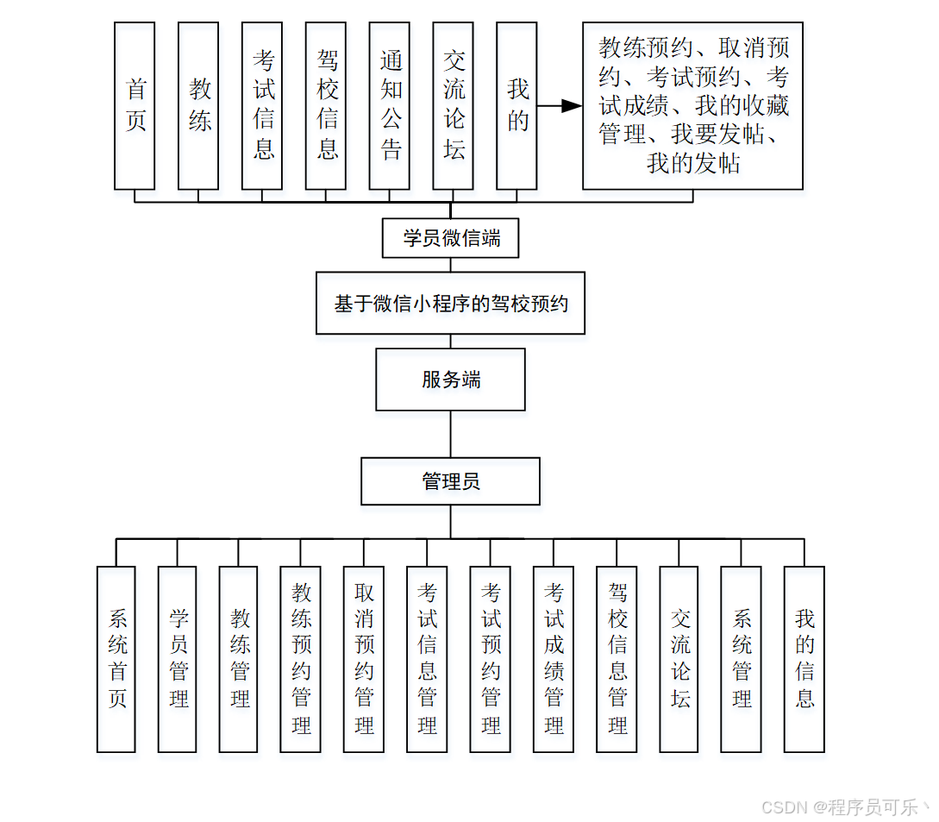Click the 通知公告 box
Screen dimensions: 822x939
389,105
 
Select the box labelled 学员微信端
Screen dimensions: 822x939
450,238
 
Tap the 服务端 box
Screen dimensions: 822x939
450,380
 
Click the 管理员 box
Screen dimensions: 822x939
450,481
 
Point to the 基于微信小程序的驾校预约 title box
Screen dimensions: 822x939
450,304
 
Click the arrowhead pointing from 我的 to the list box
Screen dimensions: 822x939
571,105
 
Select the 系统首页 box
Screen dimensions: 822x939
116,659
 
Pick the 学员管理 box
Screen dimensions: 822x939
178,659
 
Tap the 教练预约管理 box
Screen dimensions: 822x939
300,659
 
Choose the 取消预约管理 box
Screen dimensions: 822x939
363,659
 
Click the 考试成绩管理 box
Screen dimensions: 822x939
553,659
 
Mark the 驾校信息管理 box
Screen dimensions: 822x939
617,659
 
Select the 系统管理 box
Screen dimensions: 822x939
741,659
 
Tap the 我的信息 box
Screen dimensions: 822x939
804,659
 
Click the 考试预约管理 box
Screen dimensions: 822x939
490,659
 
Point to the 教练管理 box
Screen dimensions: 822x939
239,659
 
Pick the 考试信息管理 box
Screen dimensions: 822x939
427,659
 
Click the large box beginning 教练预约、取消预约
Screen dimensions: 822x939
692,105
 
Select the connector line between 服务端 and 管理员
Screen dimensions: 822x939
450,434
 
